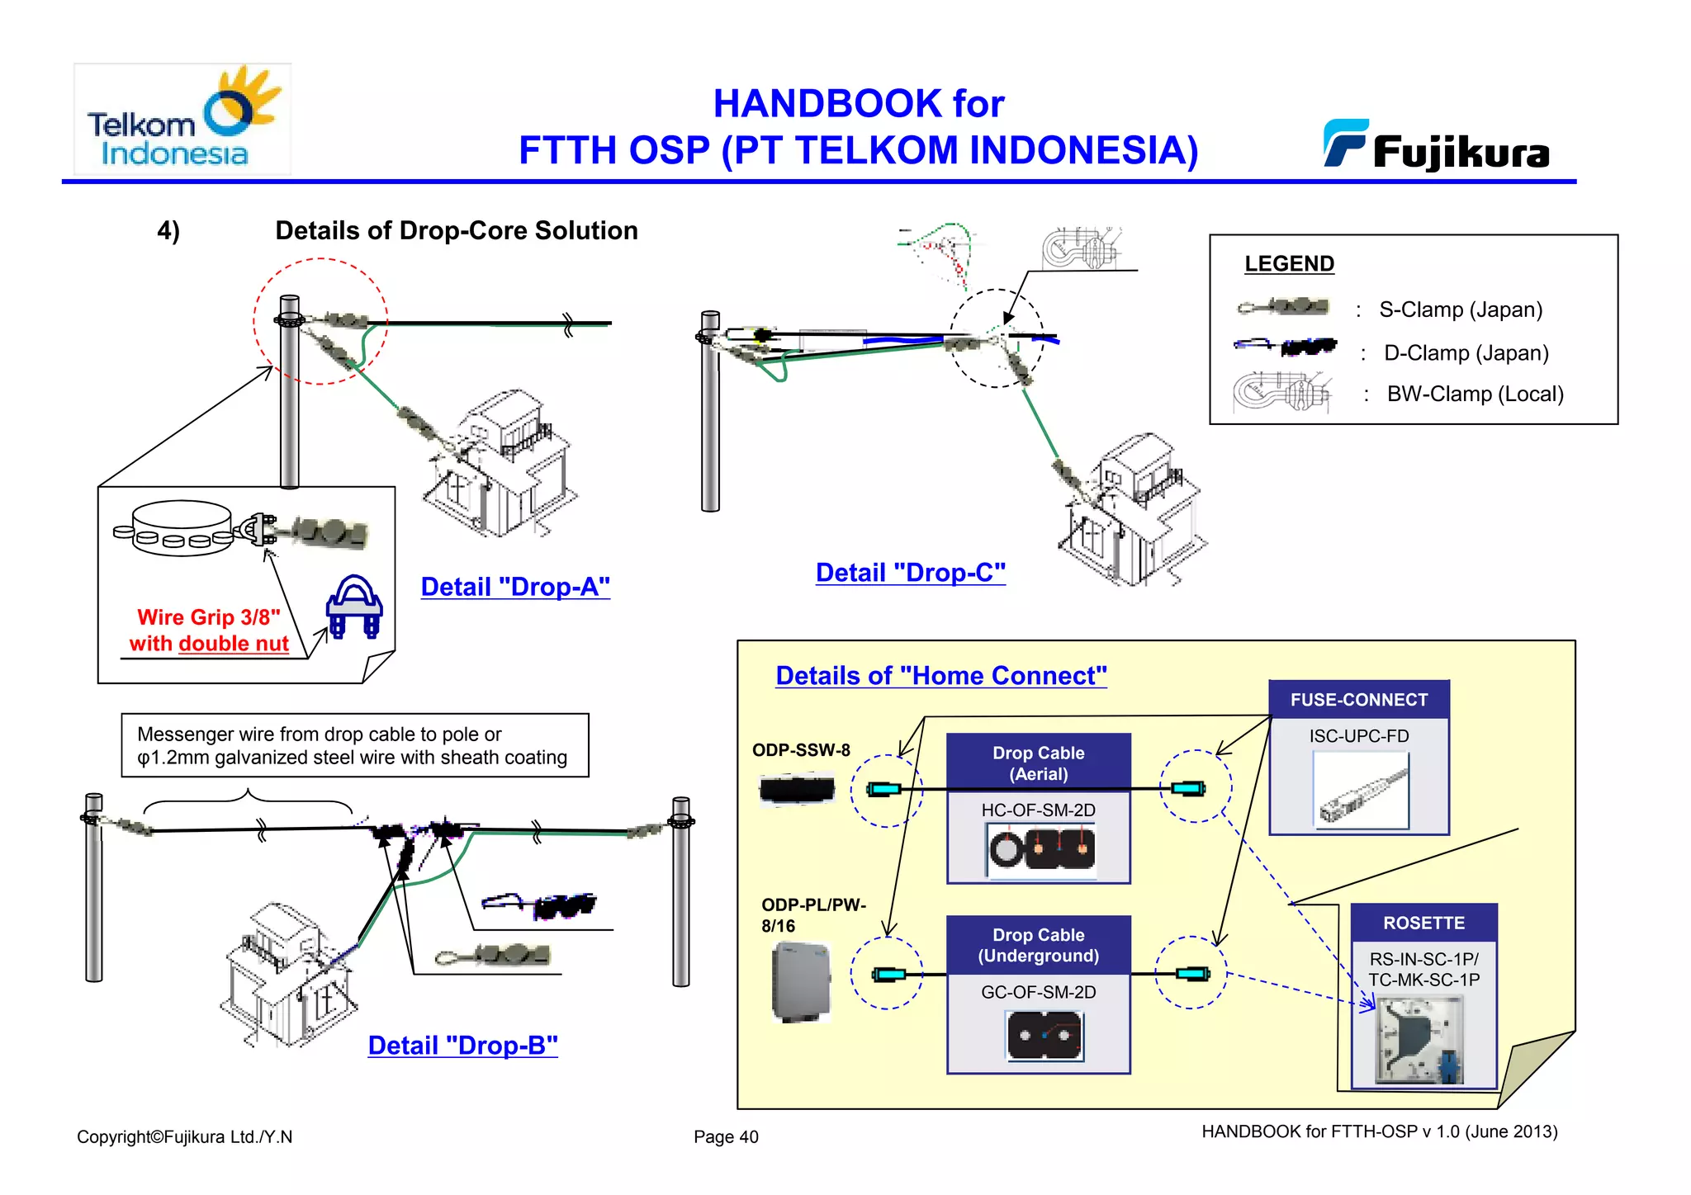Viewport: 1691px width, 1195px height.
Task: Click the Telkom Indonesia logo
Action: tap(182, 120)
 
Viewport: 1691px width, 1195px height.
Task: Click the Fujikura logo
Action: tap(1437, 146)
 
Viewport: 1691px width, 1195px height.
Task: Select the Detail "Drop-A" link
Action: tap(515, 587)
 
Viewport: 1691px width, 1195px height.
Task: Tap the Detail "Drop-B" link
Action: tap(462, 1046)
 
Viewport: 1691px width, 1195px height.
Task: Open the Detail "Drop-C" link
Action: tap(910, 573)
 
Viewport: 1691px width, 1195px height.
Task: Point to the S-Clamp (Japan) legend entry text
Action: tap(1460, 309)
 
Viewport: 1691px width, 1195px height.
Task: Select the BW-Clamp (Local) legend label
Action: tap(1475, 394)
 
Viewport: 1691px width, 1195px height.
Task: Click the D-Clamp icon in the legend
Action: tap(1285, 347)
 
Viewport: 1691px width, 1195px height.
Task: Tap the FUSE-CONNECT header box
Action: tap(1358, 700)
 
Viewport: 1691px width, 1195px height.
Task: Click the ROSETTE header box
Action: tap(1423, 923)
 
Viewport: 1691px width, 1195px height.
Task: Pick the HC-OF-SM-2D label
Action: tap(1038, 810)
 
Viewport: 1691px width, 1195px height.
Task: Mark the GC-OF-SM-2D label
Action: tap(1038, 992)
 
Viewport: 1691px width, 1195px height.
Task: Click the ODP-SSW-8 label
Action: tap(800, 750)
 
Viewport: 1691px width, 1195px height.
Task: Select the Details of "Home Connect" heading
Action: tap(940, 676)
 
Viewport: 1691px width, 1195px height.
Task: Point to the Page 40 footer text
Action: tap(725, 1136)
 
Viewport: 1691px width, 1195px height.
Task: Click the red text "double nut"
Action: tap(233, 644)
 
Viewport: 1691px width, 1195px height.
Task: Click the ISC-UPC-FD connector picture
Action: tap(1361, 791)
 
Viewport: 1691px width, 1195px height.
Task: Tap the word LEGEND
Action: tap(1288, 263)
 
